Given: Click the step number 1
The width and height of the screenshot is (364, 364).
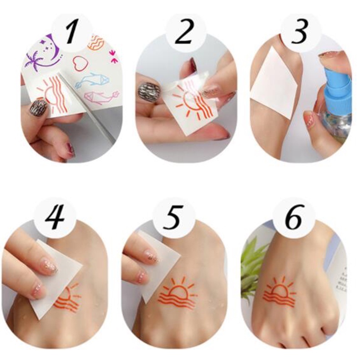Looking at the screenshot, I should tap(71, 32).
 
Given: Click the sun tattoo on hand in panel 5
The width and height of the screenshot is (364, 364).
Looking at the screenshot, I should tap(178, 294).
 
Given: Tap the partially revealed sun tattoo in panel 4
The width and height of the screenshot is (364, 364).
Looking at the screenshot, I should tap(68, 298).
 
